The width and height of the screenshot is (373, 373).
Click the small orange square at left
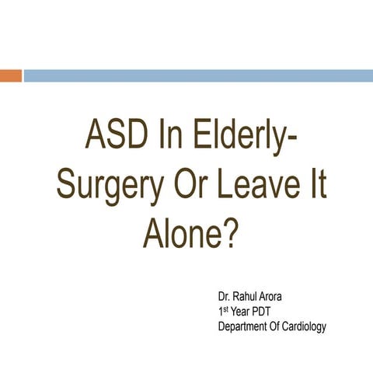point(10,75)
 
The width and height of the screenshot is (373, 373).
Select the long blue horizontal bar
point(198,75)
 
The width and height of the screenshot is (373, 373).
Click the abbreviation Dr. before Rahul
point(225,298)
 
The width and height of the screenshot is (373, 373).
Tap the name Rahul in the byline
point(250,298)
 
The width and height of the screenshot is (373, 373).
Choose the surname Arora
point(284,298)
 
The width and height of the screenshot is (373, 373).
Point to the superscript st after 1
point(226,309)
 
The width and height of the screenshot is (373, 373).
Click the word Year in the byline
point(243,312)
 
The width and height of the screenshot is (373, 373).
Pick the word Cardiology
point(304,326)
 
